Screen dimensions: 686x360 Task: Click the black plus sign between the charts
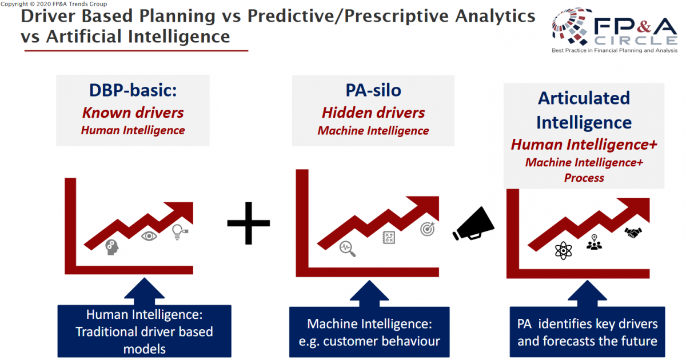pos(248,223)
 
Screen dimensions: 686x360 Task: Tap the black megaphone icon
pos(473,224)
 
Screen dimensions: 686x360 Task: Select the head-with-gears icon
pos(112,247)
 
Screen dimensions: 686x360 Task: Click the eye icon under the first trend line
pos(149,236)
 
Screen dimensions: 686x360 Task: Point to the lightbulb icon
pos(180,232)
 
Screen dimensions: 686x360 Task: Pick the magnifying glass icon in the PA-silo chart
pos(348,249)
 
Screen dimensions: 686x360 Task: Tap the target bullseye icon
pos(428,229)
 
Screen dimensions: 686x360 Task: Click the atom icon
pos(563,251)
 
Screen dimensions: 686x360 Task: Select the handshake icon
pos(633,233)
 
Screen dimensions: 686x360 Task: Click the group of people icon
pos(594,242)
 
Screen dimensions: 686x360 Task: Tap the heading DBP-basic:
pos(133,90)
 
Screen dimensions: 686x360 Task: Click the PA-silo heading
pos(373,90)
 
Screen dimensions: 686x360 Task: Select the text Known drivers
pos(133,113)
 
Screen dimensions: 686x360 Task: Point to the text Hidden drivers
pos(373,113)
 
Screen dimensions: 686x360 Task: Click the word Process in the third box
pos(584,178)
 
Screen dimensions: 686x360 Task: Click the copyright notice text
pos(54,4)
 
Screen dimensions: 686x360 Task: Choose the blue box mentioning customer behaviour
pos(369,332)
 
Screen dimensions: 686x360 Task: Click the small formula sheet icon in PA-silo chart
pos(389,238)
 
